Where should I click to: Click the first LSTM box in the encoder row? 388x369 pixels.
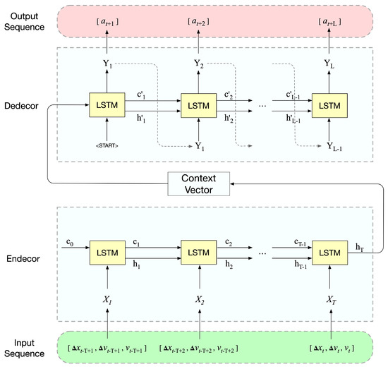coord(105,252)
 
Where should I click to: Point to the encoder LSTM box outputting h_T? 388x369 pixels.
coord(329,252)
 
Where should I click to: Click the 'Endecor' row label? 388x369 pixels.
coord(25,259)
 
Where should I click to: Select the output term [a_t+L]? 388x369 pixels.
coord(329,23)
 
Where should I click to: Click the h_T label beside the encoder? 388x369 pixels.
coord(361,243)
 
